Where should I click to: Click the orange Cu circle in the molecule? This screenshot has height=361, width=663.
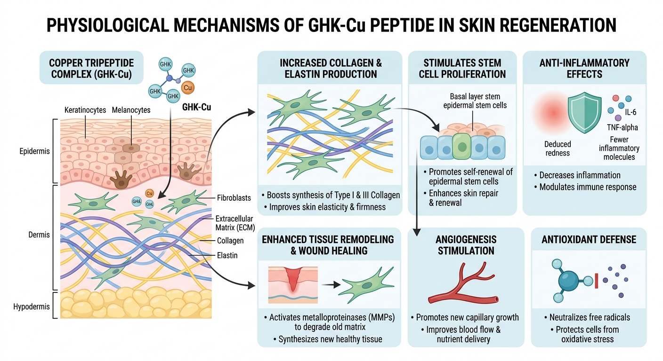tap(187, 88)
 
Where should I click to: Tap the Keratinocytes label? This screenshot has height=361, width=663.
tap(86, 110)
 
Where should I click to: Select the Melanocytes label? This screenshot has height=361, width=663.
tap(131, 110)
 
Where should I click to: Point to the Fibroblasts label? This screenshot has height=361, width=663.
tap(234, 198)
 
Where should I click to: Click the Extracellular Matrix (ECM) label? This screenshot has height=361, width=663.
tap(234, 223)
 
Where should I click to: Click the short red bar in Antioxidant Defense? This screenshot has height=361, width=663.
tap(596, 282)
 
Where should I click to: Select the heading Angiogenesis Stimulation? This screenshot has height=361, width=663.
tap(466, 244)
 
